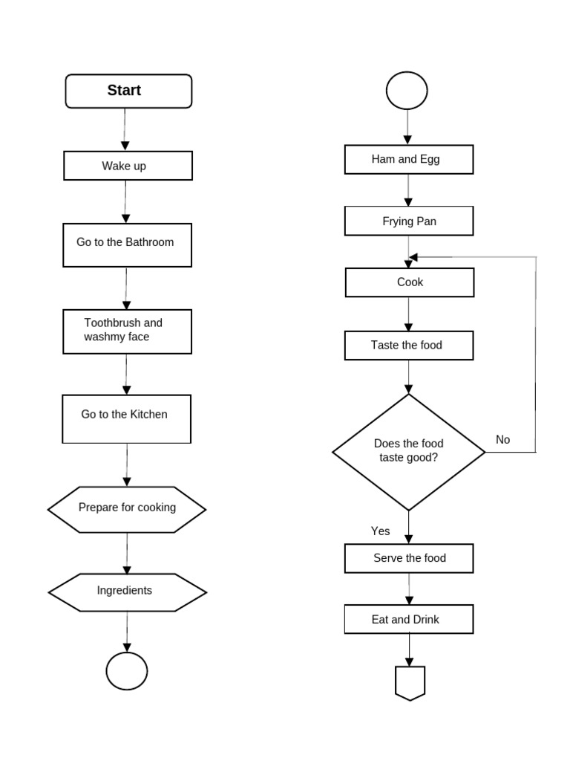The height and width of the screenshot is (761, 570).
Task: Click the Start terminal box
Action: coord(128,91)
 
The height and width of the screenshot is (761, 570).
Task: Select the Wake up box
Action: coord(128,166)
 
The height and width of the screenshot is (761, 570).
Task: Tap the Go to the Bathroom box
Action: coord(128,245)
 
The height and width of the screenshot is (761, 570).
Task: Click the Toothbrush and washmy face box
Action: coord(128,331)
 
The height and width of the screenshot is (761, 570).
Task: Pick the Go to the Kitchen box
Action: coord(127,418)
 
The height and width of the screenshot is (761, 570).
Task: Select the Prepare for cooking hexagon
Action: coord(127,509)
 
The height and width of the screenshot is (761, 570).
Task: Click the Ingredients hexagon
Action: coord(127,592)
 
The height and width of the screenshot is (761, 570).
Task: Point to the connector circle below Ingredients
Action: coord(127,671)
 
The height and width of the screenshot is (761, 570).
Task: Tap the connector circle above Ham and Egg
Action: coord(407,91)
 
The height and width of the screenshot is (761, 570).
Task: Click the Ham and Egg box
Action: coord(409,159)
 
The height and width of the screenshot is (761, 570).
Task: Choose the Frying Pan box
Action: coord(409,221)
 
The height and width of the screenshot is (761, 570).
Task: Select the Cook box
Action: coord(410,282)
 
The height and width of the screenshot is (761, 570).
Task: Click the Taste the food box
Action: coord(409,346)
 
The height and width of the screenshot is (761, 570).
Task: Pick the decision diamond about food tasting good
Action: coord(408,452)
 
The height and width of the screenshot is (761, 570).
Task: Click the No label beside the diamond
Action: coord(503,440)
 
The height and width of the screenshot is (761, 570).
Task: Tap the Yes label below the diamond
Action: coord(380,531)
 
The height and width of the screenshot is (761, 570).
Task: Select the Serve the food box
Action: coord(409,558)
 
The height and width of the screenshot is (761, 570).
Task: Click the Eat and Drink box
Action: coord(409,619)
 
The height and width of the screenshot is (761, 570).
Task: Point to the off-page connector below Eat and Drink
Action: coord(410,682)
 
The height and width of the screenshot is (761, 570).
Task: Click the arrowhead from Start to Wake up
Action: coord(125,146)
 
